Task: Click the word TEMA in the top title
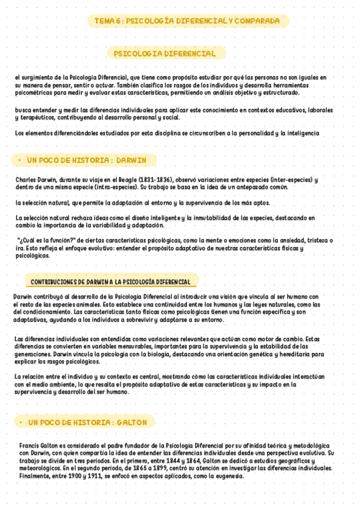coord(105,21)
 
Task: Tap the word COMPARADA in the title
coord(257,21)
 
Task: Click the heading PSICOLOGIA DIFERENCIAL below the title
coord(165,54)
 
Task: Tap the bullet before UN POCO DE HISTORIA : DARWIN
coord(19,161)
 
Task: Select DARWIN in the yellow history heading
coord(136,161)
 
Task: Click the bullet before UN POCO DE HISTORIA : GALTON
coord(21,423)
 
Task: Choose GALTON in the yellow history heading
coord(132,423)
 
